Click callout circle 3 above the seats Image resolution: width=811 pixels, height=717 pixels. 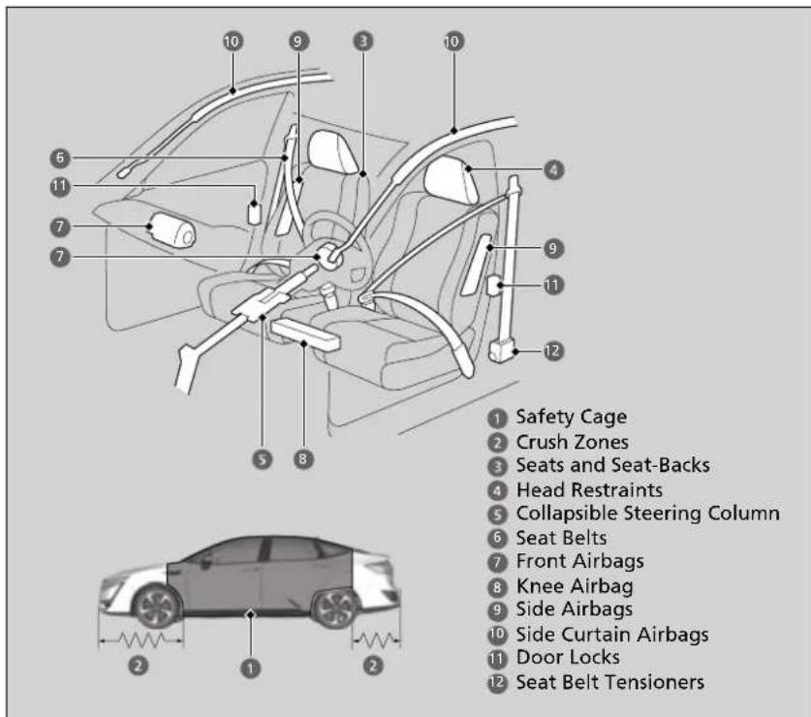[363, 41]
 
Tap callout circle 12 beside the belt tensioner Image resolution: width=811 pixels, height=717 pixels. [552, 352]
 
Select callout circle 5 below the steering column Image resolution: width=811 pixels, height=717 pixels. [263, 459]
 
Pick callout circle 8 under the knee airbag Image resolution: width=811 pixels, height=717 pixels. [303, 459]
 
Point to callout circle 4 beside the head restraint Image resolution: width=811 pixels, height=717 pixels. [553, 170]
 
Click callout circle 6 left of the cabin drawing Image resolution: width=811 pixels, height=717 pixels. [60, 158]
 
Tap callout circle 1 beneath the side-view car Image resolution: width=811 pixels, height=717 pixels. [250, 669]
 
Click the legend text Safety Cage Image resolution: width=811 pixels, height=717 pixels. [572, 417]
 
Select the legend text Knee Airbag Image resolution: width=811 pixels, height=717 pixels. [575, 586]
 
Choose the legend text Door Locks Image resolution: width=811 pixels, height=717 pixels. [568, 657]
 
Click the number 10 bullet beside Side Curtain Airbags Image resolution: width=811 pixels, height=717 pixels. [497, 635]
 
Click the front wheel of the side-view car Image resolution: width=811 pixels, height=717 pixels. [157, 607]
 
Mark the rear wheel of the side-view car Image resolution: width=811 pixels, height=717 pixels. [335, 607]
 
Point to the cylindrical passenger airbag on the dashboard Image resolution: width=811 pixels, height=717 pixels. [172, 230]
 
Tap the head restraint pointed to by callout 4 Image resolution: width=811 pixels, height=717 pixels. [451, 180]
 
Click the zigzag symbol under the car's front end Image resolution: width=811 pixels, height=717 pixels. [141, 639]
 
